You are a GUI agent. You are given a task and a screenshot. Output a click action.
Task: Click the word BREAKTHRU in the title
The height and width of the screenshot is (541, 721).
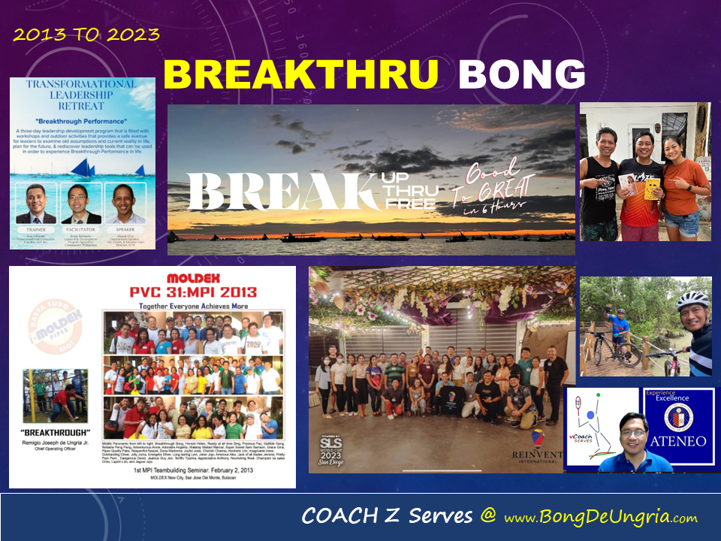coord(300,75)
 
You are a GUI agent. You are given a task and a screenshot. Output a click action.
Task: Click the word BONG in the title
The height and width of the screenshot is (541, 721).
coord(522,75)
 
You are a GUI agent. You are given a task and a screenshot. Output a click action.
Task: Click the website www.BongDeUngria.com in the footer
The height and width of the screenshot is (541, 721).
coord(601,518)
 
